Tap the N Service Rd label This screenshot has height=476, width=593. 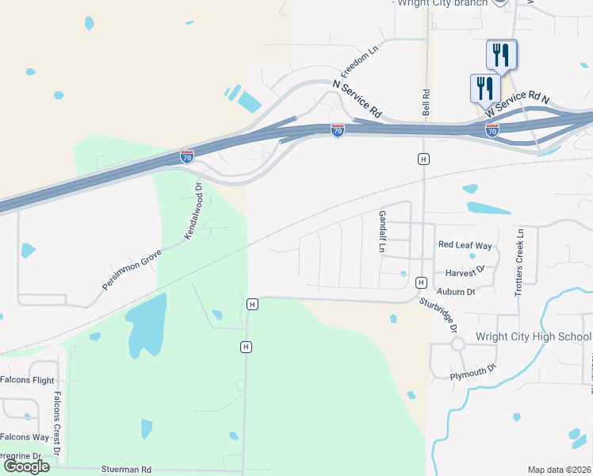coord(358,99)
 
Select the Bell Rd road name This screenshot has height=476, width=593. coord(427,101)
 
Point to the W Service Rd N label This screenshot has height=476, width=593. coord(519,101)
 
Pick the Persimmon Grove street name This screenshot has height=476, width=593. coord(132,269)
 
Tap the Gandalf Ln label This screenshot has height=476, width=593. coord(381,232)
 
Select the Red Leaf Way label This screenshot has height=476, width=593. coord(465,246)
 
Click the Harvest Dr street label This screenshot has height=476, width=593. coord(464,271)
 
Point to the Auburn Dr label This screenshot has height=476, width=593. coord(455,292)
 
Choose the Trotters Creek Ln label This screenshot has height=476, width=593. coord(520,263)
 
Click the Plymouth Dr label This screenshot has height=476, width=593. coord(472,370)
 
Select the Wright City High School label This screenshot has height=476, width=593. coord(533,336)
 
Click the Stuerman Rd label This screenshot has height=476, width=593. coord(126,470)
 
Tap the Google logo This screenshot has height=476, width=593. coord(26,466)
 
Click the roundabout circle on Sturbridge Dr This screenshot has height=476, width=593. coord(457,344)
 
